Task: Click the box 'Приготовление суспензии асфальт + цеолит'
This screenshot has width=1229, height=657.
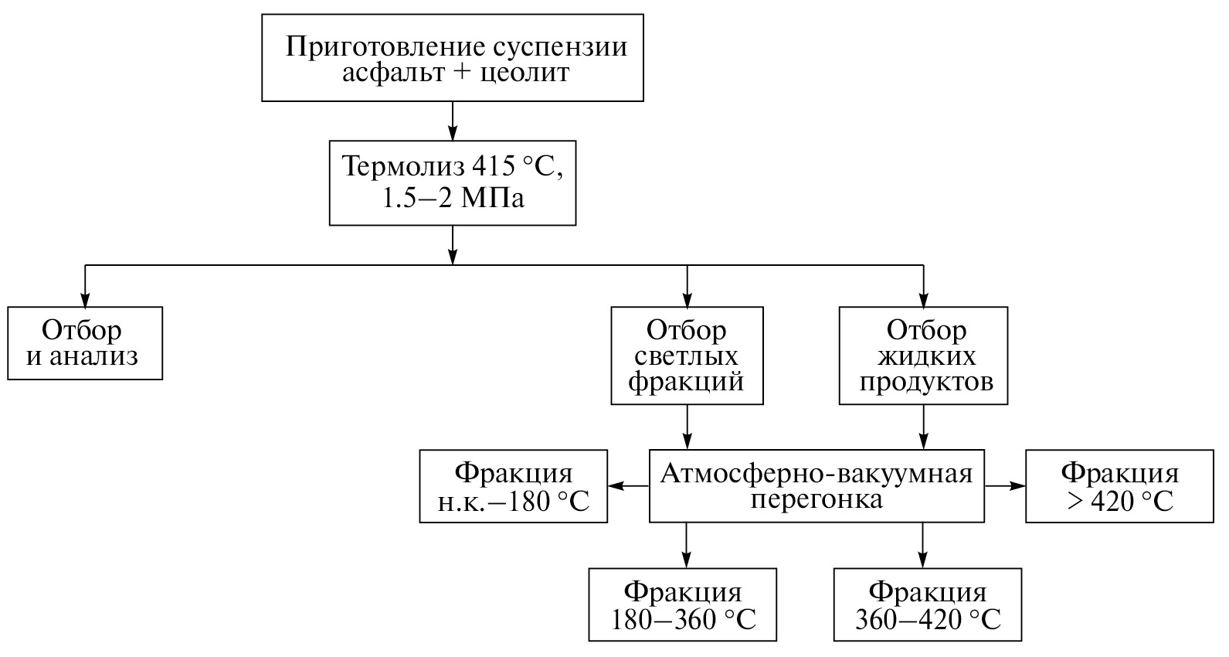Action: click(x=453, y=57)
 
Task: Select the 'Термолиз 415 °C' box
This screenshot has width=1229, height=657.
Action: click(x=453, y=182)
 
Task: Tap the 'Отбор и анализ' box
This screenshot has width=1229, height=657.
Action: click(x=85, y=343)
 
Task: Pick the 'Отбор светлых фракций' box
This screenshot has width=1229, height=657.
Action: click(x=687, y=356)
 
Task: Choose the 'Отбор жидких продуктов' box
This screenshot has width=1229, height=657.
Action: click(x=923, y=356)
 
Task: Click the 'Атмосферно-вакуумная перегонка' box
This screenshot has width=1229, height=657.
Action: click(x=817, y=485)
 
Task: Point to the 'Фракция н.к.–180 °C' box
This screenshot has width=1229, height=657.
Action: click(x=514, y=486)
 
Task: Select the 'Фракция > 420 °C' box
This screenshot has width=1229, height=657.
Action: click(x=1119, y=486)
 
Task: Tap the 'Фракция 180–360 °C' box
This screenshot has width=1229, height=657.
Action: click(x=682, y=605)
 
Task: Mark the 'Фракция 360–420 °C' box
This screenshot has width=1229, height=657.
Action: click(x=928, y=605)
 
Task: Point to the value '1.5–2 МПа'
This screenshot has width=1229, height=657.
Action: click(x=453, y=198)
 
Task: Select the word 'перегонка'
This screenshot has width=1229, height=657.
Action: click(x=817, y=499)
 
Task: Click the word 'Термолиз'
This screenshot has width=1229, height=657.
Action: click(x=399, y=167)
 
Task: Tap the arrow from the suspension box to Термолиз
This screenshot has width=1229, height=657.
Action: click(x=453, y=121)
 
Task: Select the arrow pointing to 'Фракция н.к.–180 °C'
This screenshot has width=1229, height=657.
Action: click(x=628, y=486)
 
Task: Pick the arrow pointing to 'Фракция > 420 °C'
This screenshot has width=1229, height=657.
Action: click(x=1006, y=486)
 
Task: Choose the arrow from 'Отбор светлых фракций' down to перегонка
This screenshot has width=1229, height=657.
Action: click(x=687, y=427)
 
